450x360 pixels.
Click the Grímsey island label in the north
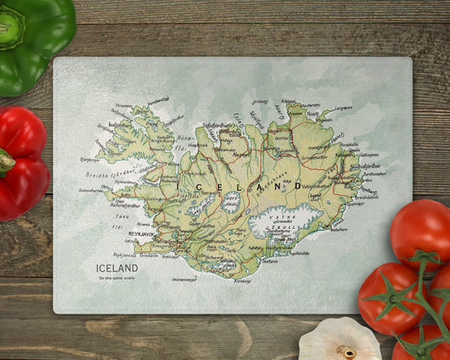260,102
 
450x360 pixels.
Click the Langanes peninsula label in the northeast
342,107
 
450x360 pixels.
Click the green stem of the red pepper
5,161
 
